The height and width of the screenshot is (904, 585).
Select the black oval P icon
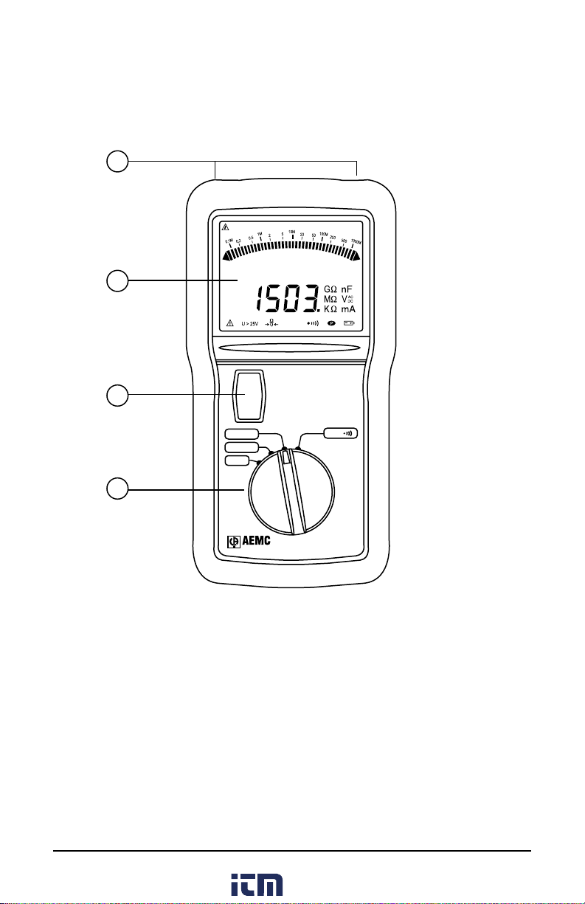(330, 323)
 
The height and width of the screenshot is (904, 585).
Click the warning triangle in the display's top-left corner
(226, 227)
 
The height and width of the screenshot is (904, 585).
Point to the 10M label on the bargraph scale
(291, 232)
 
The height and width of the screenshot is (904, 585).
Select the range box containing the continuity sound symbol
(340, 433)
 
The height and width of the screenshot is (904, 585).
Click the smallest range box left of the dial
(237, 461)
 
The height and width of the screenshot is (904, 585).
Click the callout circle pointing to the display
(116, 280)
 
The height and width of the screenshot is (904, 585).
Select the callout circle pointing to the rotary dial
(116, 489)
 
